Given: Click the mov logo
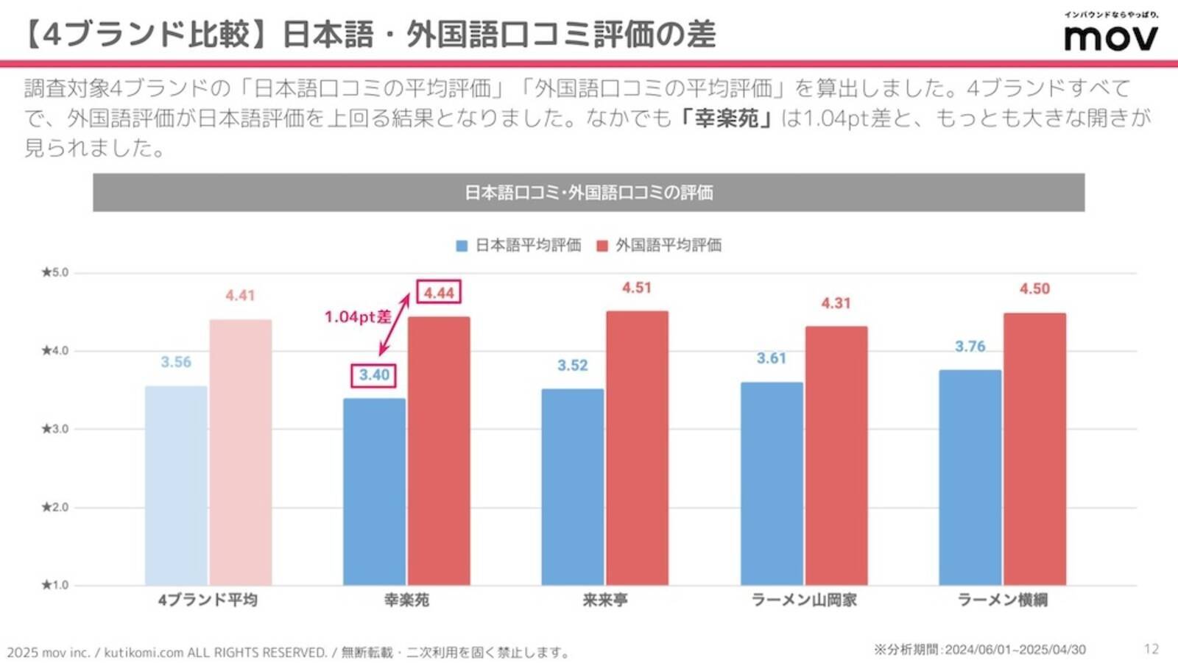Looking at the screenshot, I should pyautogui.click(x=1111, y=37).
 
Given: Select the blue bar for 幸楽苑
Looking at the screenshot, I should pyautogui.click(x=374, y=492).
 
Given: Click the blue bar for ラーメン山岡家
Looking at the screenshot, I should pyautogui.click(x=772, y=483).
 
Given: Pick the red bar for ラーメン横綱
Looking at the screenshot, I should pyautogui.click(x=1034, y=449).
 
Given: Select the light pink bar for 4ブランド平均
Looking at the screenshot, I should pyautogui.click(x=241, y=452).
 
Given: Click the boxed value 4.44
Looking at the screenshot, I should pyautogui.click(x=439, y=292).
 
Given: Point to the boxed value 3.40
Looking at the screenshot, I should pyautogui.click(x=374, y=375).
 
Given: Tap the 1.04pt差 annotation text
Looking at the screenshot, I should pyautogui.click(x=358, y=317).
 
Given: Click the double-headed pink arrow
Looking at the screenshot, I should pyautogui.click(x=395, y=325).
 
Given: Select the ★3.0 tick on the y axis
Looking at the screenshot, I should pyautogui.click(x=55, y=429).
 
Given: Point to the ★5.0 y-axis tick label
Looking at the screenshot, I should pyautogui.click(x=55, y=272).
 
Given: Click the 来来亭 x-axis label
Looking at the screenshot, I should pyautogui.click(x=605, y=600).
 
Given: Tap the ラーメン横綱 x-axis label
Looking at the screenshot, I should pyautogui.click(x=1002, y=600).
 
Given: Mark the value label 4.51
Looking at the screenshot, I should pyautogui.click(x=637, y=288).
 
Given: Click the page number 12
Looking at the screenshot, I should pyautogui.click(x=1151, y=649).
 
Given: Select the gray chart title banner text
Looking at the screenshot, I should pyautogui.click(x=588, y=193).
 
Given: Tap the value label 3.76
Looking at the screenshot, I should pyautogui.click(x=970, y=347).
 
